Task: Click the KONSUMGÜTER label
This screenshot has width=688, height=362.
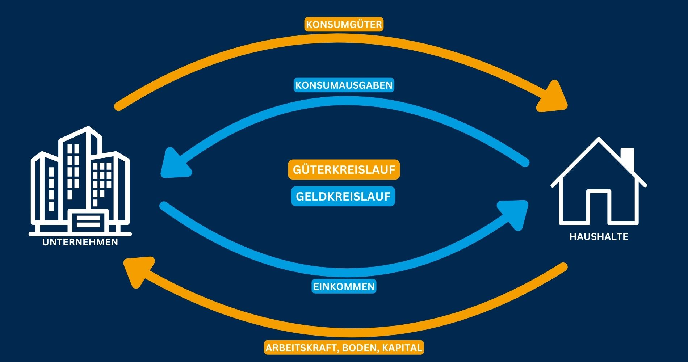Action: point(344,25)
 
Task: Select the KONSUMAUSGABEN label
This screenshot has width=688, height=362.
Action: point(344,85)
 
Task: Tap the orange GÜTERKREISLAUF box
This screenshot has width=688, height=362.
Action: point(344,169)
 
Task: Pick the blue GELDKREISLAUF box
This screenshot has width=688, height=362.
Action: point(343,196)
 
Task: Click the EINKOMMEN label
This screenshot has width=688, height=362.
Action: point(344,286)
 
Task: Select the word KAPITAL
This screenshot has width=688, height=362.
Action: point(402,348)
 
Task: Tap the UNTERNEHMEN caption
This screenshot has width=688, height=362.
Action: point(80,242)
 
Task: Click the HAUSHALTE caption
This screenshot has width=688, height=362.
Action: point(599,237)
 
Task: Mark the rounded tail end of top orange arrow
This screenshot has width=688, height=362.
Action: point(118,107)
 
